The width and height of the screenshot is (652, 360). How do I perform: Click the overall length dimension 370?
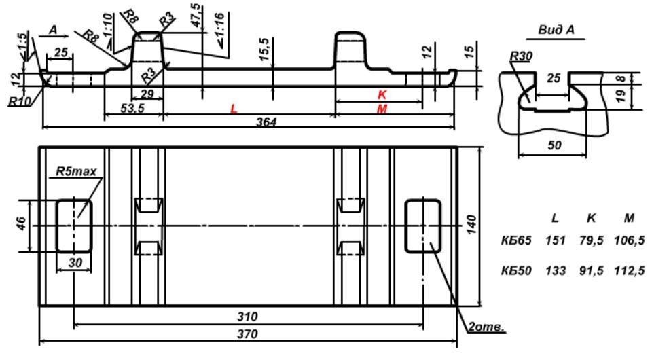(247, 334)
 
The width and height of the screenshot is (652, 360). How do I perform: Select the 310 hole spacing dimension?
(247, 317)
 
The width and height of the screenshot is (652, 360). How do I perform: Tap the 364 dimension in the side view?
(266, 122)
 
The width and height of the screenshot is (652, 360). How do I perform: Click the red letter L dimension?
(234, 109)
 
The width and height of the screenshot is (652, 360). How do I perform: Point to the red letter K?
(382, 95)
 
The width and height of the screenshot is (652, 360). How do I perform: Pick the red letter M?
(382, 109)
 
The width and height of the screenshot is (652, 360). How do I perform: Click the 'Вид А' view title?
(556, 30)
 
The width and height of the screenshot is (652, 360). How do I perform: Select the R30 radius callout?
(521, 56)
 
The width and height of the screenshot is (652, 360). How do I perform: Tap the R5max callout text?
(76, 171)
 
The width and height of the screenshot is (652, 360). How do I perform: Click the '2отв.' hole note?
(486, 327)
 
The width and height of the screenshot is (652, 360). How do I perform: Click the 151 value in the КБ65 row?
(556, 240)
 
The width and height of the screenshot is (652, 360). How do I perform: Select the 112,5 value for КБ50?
(629, 271)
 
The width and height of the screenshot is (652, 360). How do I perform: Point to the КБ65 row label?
(516, 240)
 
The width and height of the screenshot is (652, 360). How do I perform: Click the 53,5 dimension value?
(132, 108)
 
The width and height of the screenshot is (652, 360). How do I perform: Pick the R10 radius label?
(20, 101)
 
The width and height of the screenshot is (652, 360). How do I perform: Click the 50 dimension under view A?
(555, 145)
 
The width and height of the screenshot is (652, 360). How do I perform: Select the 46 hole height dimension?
(22, 223)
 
